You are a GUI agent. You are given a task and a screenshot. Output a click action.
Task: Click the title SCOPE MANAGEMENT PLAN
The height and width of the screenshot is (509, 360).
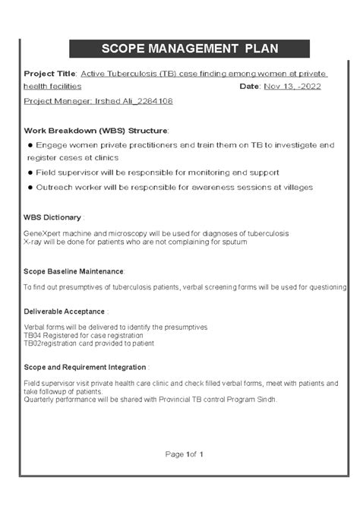[179, 49]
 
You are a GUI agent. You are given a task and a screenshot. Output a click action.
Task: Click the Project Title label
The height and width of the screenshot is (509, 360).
[49, 74]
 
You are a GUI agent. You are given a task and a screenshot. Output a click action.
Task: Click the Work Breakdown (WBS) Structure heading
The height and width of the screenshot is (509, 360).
[96, 130]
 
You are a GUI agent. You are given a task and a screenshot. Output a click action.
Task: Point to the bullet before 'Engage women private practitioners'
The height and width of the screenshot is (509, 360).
[30, 144]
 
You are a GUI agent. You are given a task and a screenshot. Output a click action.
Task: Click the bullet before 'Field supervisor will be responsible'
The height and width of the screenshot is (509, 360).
[30, 173]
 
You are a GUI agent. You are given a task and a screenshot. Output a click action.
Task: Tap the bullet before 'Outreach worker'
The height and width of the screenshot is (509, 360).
[30, 188]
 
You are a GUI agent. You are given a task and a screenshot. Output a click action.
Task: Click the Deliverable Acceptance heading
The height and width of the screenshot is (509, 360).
[64, 311]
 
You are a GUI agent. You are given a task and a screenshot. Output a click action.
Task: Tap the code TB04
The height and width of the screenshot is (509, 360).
[33, 335]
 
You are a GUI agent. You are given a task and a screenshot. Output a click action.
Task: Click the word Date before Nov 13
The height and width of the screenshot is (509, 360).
[249, 87]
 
